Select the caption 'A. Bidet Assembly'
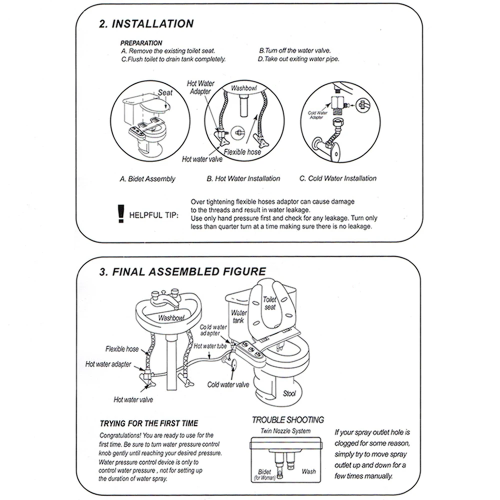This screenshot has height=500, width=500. (147, 178)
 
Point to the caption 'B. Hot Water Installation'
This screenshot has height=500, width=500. (243, 178)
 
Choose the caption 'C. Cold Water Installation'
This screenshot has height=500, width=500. (337, 178)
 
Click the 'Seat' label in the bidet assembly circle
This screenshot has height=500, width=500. (165, 92)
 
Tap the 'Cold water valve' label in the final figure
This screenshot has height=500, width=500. (228, 384)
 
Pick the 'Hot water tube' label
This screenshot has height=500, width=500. (210, 345)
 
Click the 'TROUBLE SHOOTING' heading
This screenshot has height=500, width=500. (287, 420)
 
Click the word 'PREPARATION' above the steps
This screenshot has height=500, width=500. (141, 43)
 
